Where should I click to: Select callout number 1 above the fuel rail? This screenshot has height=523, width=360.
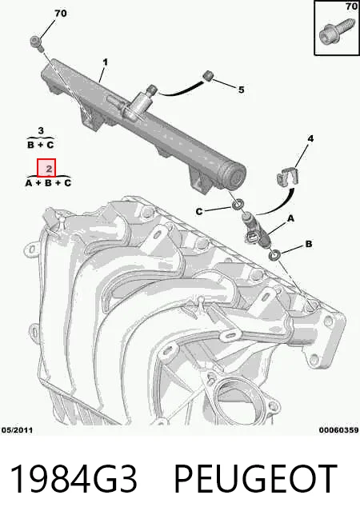[x=106, y=62]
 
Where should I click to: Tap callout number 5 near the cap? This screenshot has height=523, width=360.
[x=241, y=90]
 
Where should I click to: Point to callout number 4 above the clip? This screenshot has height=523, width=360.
[x=310, y=138]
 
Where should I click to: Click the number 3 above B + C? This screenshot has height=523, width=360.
[x=41, y=130]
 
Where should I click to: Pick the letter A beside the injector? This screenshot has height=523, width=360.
[x=291, y=218]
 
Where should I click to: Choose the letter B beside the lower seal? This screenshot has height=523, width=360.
[x=309, y=244]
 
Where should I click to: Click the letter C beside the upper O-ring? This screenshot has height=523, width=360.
[x=199, y=211]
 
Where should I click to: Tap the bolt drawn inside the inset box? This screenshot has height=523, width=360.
[x=334, y=33]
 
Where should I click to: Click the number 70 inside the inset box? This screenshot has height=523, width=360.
[x=351, y=6]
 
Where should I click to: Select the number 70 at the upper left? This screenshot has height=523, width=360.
[x=60, y=14]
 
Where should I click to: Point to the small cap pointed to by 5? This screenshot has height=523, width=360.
[x=208, y=75]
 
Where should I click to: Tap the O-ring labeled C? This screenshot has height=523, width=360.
[x=238, y=204]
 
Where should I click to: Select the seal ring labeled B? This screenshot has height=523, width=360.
[x=274, y=255]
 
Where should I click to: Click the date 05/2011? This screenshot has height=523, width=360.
[x=17, y=430]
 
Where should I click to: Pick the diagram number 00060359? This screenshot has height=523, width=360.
[x=338, y=430]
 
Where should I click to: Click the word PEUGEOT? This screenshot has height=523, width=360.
[x=255, y=478]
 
